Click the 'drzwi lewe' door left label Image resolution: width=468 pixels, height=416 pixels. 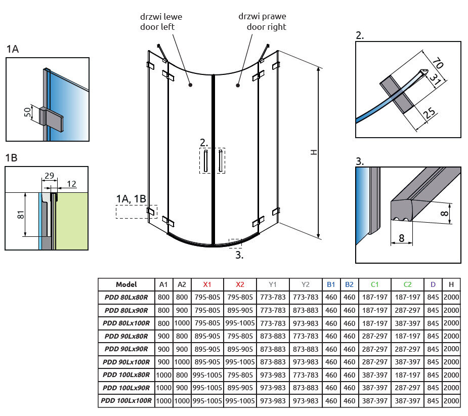(x=161, y=22)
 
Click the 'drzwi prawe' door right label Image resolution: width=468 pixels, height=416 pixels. (x=262, y=22)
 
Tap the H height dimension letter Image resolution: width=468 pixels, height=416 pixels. (x=314, y=152)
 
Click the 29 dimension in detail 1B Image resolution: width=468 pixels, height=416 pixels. (x=49, y=175)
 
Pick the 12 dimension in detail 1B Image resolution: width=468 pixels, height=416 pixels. (x=72, y=184)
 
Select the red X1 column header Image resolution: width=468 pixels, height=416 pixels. (x=207, y=284)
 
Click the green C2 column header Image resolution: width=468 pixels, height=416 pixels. (x=407, y=284)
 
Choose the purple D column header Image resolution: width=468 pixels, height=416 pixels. (x=433, y=284)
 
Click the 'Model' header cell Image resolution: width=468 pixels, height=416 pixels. (x=126, y=284)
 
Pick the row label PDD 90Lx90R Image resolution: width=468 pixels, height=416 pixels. (x=126, y=349)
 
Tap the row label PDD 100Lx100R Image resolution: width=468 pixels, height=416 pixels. (x=126, y=401)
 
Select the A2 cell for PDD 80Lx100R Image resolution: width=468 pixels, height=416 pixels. (x=182, y=323)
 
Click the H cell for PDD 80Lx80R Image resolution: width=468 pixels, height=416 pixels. (x=451, y=297)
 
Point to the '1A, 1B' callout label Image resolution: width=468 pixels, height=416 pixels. (x=131, y=199)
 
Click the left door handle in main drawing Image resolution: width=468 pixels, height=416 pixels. (x=206, y=160)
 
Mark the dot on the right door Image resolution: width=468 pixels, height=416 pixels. (x=237, y=86)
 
